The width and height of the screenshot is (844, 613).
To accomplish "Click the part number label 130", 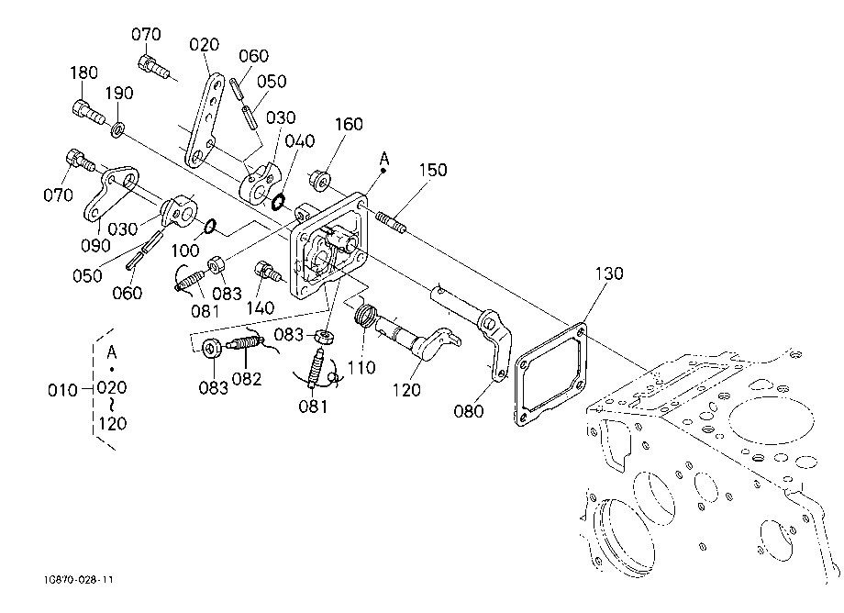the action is [x=609, y=273].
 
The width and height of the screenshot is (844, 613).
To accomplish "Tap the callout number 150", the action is [x=433, y=170].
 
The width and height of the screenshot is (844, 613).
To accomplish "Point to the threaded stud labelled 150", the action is [x=391, y=222].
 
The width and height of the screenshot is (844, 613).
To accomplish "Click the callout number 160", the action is [x=349, y=124].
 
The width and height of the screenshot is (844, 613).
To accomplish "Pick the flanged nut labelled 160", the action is [x=319, y=180].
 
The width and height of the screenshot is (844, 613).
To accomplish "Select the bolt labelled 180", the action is [x=87, y=112].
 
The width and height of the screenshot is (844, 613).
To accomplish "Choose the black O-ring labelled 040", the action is [x=278, y=202].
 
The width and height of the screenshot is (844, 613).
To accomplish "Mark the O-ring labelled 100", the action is [x=210, y=226].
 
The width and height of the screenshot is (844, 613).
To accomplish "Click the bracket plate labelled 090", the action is [x=111, y=192].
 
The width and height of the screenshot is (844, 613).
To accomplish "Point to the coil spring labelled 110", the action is [x=364, y=315].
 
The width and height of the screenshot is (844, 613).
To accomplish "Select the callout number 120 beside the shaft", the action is [x=406, y=390].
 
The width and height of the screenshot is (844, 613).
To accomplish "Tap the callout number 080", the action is [x=468, y=411].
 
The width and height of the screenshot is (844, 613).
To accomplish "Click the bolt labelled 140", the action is [x=268, y=272].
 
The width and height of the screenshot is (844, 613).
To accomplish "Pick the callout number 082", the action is [x=247, y=379].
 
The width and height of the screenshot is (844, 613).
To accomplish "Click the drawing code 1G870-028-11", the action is [x=80, y=580].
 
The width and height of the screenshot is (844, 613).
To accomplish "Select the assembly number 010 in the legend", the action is [x=62, y=390].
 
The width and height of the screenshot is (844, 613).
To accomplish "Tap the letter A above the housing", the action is [x=383, y=159].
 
